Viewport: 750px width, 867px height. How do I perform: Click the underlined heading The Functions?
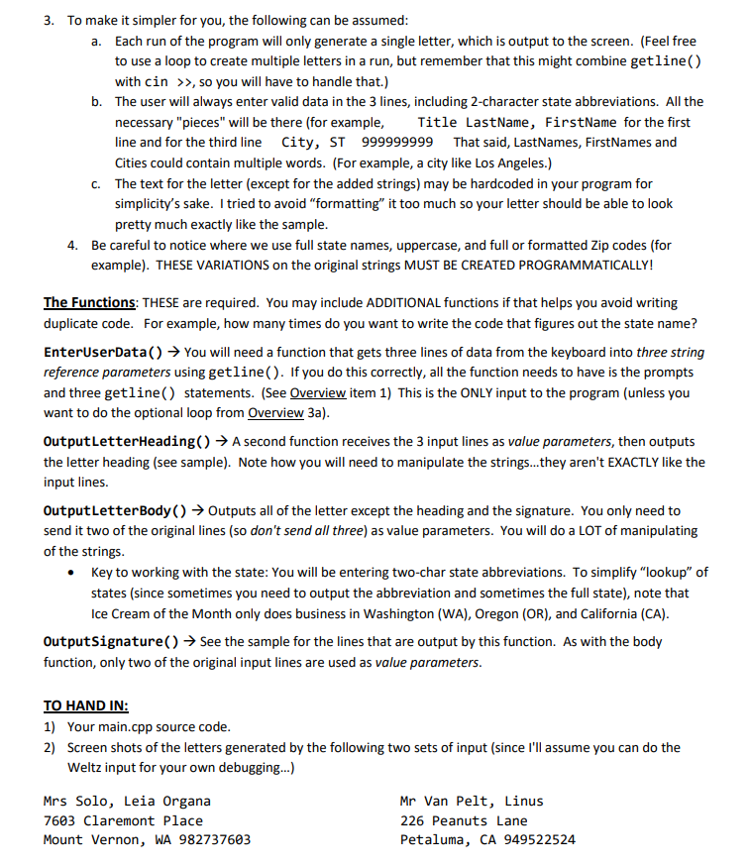89,302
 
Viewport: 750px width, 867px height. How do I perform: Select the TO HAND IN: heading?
86,706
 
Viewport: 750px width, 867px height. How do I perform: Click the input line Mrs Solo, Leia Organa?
127,801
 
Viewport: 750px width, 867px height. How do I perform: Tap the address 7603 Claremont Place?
123,820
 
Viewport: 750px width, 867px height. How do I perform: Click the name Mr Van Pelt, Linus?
472,801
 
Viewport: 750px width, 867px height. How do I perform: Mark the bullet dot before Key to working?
71,573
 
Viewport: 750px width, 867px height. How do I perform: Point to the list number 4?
71,245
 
